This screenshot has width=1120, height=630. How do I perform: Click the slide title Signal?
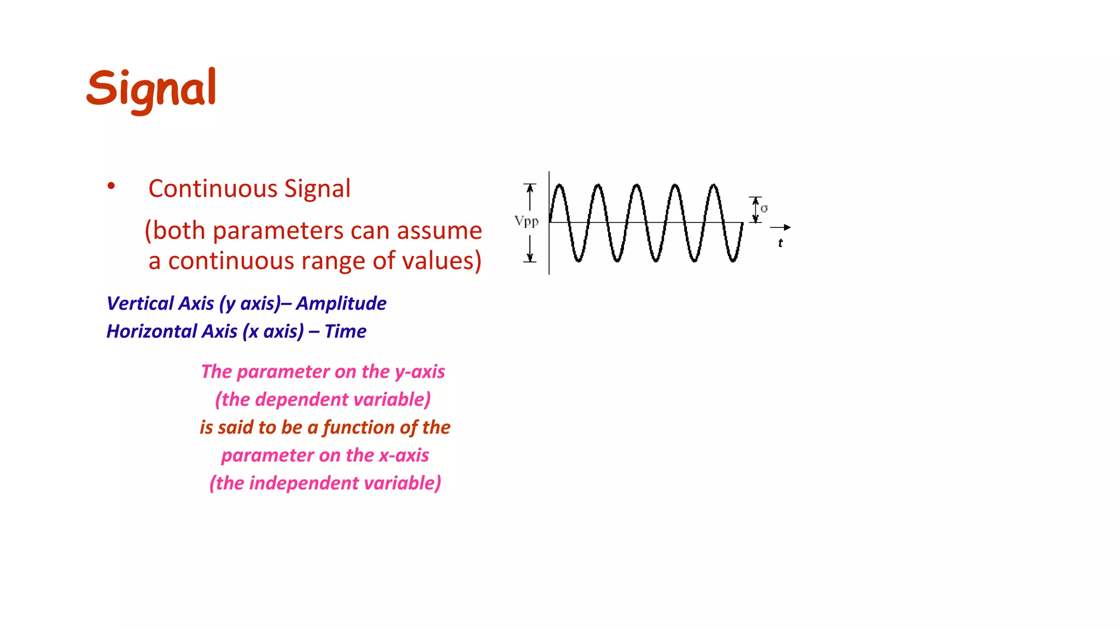(x=151, y=89)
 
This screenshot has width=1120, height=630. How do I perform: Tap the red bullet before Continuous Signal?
(x=111, y=186)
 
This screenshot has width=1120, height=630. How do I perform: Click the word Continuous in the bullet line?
(x=213, y=189)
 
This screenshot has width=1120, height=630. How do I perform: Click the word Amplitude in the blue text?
(x=341, y=304)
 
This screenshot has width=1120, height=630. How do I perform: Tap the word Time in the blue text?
(x=346, y=331)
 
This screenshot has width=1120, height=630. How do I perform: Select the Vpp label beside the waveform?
(x=526, y=221)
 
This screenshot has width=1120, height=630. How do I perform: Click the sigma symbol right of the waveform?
(x=764, y=209)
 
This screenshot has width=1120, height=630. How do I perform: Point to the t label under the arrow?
(x=780, y=243)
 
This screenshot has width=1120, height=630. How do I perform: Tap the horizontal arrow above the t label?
(x=780, y=227)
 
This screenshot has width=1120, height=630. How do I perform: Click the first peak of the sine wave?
(x=559, y=186)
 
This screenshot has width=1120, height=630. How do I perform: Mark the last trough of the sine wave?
(x=733, y=260)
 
